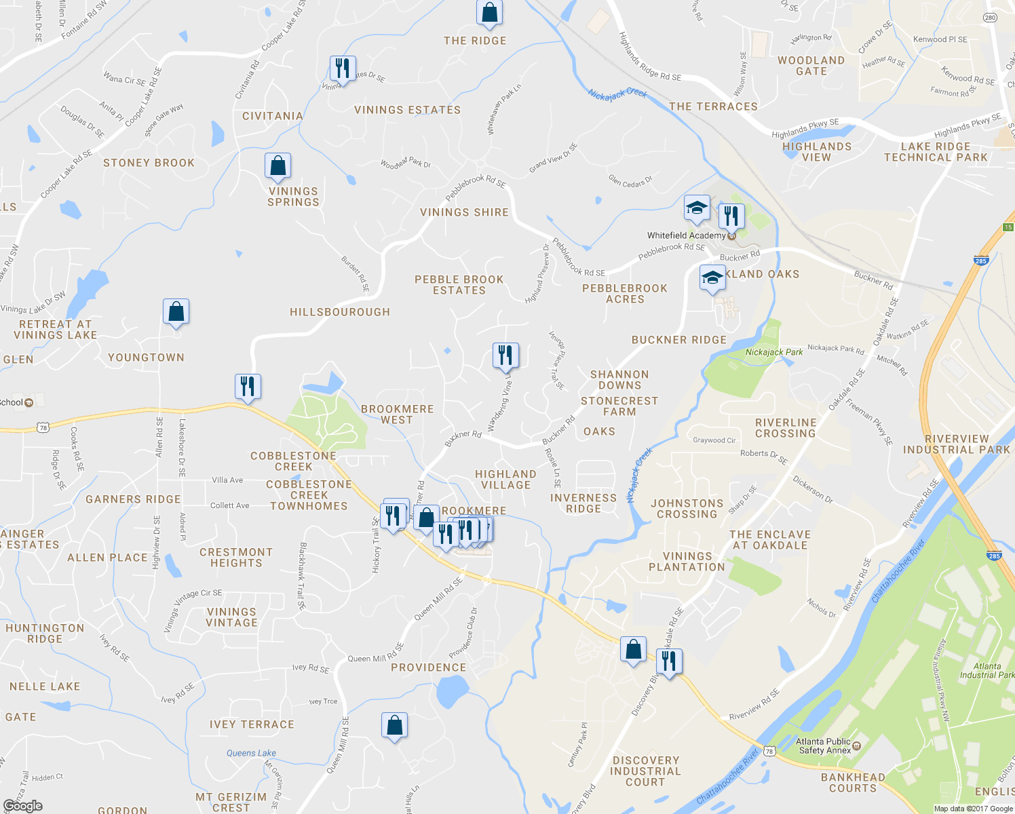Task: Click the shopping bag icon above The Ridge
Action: (489, 12)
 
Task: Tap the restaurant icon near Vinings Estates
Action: (343, 69)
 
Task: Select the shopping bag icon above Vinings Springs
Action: (277, 166)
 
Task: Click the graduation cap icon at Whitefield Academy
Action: (697, 208)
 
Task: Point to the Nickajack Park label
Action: (773, 352)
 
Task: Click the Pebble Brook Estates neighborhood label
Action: (459, 285)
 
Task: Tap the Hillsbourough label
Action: (340, 312)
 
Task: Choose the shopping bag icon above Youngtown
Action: (176, 312)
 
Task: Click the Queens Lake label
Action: (251, 753)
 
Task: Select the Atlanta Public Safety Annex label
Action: (824, 746)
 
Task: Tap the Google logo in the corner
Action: (22, 805)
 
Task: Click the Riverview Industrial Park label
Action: (957, 444)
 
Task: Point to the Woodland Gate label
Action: (811, 66)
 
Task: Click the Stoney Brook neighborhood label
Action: (149, 163)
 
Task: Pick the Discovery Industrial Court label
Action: (645, 771)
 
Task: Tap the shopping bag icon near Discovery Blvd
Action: (633, 649)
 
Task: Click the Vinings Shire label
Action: (464, 212)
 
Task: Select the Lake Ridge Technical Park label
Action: (936, 152)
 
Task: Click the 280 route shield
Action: (990, 18)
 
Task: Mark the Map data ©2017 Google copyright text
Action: (973, 809)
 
